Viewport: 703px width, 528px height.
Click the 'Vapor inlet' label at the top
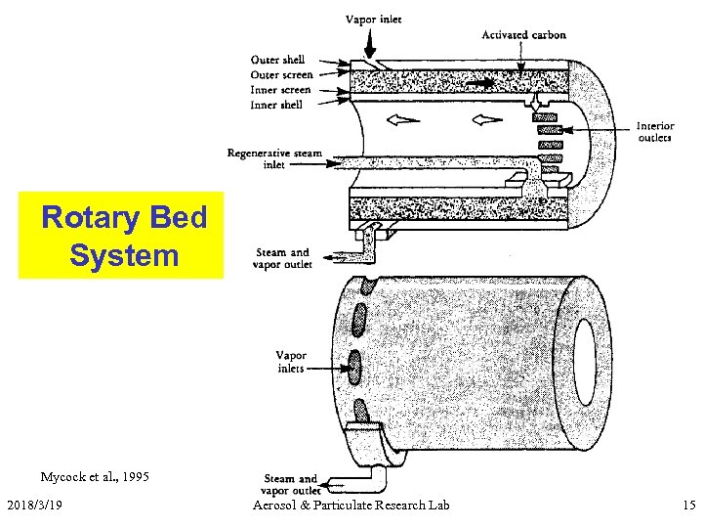click(x=374, y=20)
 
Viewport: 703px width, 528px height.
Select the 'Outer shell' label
click(x=277, y=60)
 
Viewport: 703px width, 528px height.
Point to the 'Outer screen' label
click(x=281, y=74)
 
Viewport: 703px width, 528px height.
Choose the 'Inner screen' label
click(x=281, y=89)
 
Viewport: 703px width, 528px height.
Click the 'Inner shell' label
click(x=277, y=105)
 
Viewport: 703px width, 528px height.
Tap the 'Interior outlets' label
click(x=654, y=131)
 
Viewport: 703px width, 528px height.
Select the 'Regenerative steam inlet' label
click(x=274, y=158)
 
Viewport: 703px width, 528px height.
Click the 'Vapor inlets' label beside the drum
click(x=291, y=362)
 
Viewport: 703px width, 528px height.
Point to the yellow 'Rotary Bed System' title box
click(x=121, y=235)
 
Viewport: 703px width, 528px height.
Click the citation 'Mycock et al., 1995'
click(x=95, y=477)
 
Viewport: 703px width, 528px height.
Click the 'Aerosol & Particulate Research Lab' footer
click(x=351, y=505)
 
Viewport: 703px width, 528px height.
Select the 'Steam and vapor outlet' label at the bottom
click(x=290, y=485)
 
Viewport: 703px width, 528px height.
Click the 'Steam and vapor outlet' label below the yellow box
click(x=281, y=258)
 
